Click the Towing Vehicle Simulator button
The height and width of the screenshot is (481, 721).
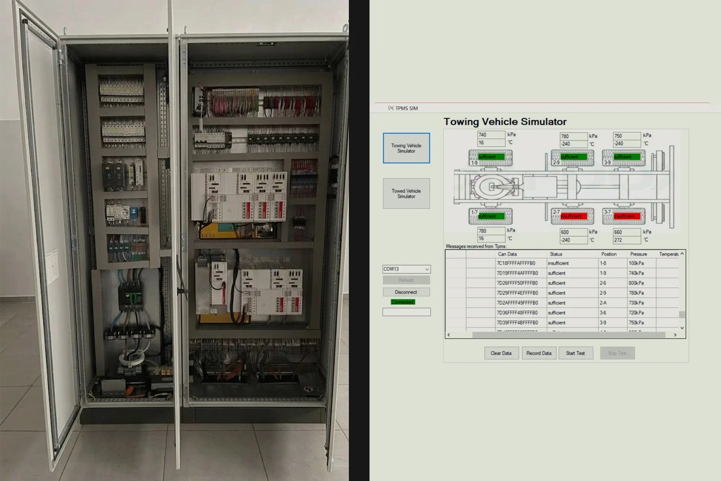pos(406,148)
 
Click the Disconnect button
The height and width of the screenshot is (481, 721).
pos(406,292)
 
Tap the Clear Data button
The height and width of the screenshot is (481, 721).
pos(501,353)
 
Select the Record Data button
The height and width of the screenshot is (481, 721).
pos(539,353)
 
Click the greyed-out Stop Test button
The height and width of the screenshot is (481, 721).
pos(617,353)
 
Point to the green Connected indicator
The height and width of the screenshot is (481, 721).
pos(403,302)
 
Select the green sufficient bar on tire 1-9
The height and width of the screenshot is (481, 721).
pos(491,157)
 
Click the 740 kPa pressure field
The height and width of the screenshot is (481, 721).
pos(491,135)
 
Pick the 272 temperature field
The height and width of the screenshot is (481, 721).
pos(626,240)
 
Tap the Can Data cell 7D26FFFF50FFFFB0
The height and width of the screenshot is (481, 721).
pos(517,283)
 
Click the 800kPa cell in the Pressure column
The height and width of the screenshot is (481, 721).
pos(636,283)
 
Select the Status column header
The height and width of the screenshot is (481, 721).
pos(556,254)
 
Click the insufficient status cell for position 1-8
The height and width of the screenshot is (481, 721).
pos(558,263)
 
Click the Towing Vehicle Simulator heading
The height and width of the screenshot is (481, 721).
pos(505,122)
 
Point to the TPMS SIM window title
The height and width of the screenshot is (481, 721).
pos(406,108)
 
